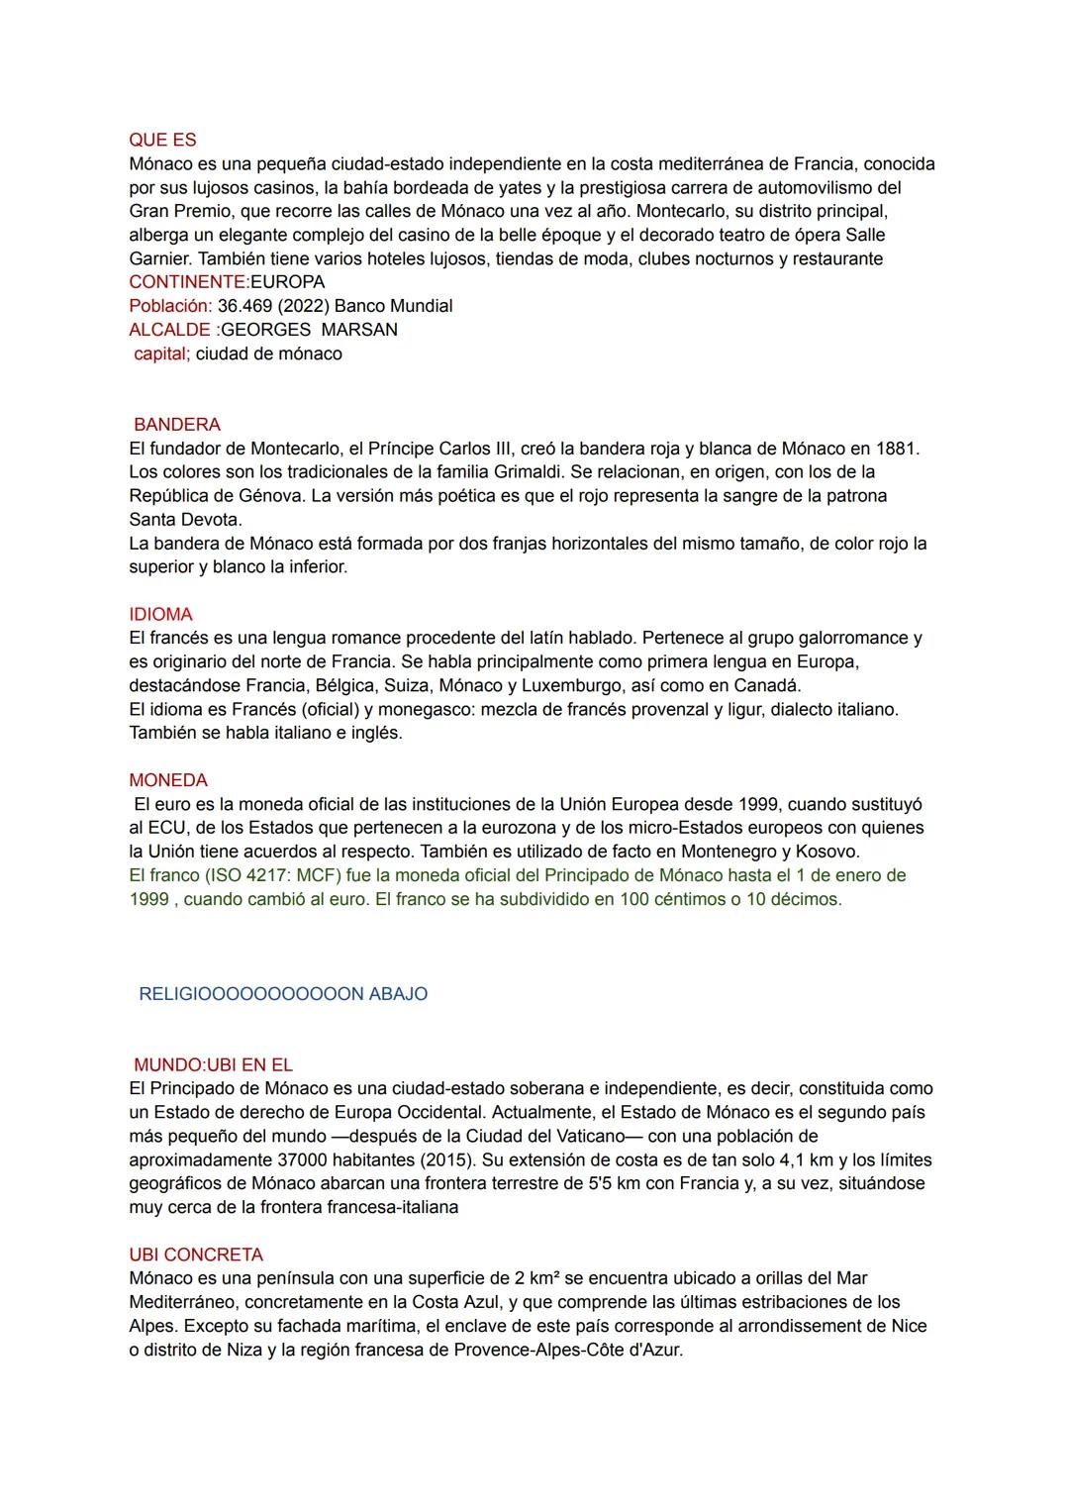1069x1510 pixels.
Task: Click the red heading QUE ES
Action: pos(162,140)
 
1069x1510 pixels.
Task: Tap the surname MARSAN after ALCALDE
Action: pos(359,330)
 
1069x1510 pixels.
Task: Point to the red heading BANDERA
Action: pos(177,425)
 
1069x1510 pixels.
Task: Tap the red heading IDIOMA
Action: pos(160,615)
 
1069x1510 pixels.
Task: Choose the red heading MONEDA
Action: pos(168,781)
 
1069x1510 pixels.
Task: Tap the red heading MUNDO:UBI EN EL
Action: pos(213,1065)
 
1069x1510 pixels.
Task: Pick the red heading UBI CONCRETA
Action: pos(196,1255)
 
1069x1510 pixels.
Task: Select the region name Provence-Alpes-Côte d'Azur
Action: pos(567,1350)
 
